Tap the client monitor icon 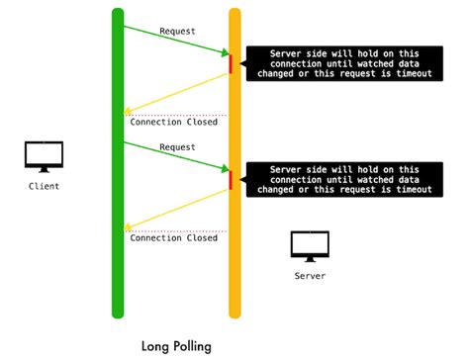[x=44, y=156]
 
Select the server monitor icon [x=309, y=245]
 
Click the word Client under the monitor [x=44, y=185]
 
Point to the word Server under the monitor [x=309, y=275]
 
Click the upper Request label [x=176, y=31]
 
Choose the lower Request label [x=176, y=147]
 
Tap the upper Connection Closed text [x=173, y=122]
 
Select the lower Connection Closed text [x=173, y=237]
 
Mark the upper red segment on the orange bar [x=231, y=64]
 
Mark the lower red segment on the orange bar [x=231, y=180]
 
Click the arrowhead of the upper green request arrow [x=227, y=54]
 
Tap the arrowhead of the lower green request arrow [x=227, y=170]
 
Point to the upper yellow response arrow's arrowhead [x=127, y=112]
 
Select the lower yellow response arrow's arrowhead [x=127, y=227]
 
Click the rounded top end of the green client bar [x=118, y=13]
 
